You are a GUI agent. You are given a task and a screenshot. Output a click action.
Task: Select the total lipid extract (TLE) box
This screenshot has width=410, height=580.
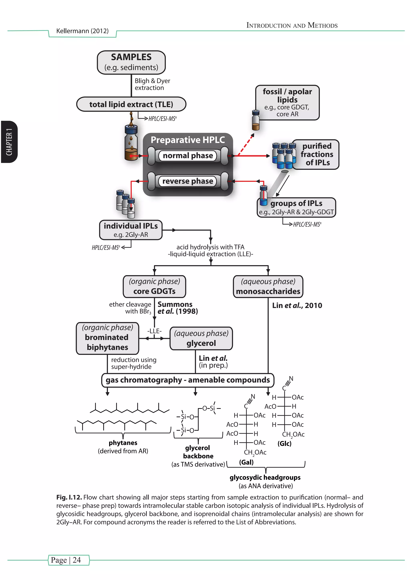point(131,104)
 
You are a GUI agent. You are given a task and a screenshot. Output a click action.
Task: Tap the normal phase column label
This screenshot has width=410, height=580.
point(188,156)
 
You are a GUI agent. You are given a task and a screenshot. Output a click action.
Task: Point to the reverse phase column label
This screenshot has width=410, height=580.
point(188,181)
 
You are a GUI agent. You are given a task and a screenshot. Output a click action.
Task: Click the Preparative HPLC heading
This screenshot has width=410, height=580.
point(188,140)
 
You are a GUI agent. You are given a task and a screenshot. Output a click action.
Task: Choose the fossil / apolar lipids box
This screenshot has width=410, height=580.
point(287,102)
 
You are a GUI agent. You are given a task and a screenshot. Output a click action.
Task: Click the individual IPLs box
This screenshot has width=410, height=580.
point(131,230)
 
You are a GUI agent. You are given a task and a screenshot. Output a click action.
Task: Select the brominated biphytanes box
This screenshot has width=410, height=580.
point(107,338)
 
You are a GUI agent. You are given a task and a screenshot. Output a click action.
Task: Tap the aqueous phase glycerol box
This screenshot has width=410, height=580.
point(201,338)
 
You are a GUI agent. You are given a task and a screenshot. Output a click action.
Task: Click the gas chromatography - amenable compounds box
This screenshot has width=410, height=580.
point(188,380)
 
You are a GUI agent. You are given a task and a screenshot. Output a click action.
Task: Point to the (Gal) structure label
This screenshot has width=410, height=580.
point(246,462)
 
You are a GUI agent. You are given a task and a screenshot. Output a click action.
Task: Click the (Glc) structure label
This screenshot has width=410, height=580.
point(284,443)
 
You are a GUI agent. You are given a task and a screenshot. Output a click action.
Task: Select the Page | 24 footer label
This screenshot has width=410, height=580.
point(66,560)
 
